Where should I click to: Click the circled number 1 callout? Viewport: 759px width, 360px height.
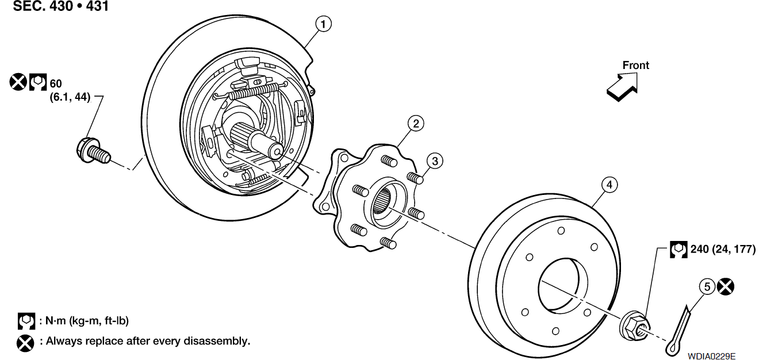pyautogui.click(x=323, y=24)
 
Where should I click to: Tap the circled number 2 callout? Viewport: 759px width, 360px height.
pyautogui.click(x=416, y=124)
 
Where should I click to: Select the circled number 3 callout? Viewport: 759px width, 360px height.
pyautogui.click(x=435, y=161)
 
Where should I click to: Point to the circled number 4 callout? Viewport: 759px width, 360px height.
pyautogui.click(x=609, y=185)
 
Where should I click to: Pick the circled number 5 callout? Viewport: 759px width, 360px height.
pyautogui.click(x=707, y=287)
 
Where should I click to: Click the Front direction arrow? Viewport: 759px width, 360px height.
pyautogui.click(x=623, y=87)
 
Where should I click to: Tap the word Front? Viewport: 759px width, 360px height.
pyautogui.click(x=636, y=65)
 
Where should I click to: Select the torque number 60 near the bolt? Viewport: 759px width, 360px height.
pyautogui.click(x=56, y=83)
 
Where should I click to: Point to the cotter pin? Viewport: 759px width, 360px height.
pyautogui.click(x=678, y=331)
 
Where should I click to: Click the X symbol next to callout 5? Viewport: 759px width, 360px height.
pyautogui.click(x=726, y=287)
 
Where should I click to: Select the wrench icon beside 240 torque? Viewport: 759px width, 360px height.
pyautogui.click(x=678, y=250)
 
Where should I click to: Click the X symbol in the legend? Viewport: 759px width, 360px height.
pyautogui.click(x=25, y=343)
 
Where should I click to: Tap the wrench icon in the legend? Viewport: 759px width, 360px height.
pyautogui.click(x=26, y=321)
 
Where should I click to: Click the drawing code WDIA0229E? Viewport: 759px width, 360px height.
pyautogui.click(x=712, y=356)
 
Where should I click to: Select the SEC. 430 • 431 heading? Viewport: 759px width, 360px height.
pyautogui.click(x=60, y=6)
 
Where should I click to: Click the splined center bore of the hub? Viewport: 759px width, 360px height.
pyautogui.click(x=382, y=201)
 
